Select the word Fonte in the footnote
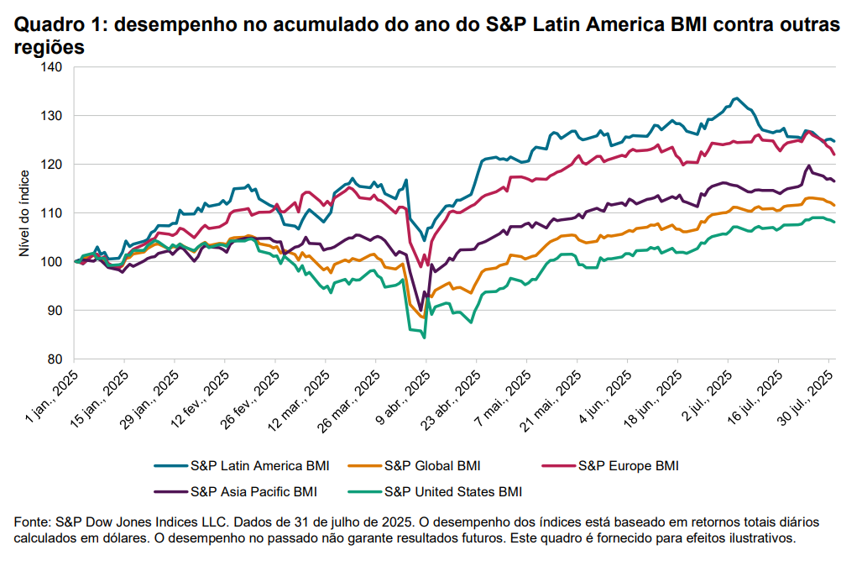point(32,522)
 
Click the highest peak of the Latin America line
point(736,98)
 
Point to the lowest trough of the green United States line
point(424,338)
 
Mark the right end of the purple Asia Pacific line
point(833,181)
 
